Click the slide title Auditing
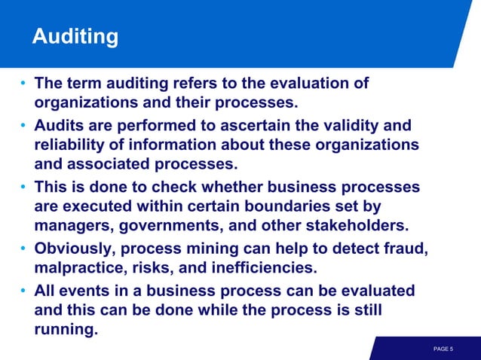(75, 36)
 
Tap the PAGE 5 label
(443, 349)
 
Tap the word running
(66, 328)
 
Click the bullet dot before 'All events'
(24, 291)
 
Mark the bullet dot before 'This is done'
(24, 187)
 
